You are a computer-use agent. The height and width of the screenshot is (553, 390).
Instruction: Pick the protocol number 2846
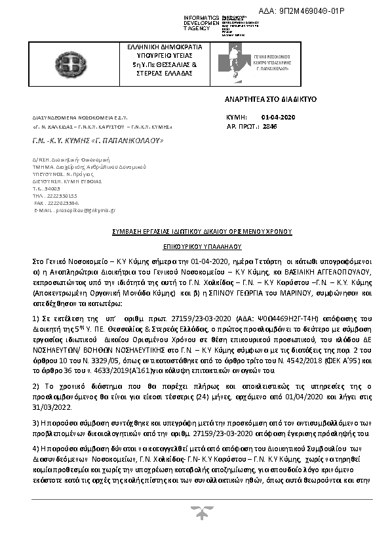(269, 125)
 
